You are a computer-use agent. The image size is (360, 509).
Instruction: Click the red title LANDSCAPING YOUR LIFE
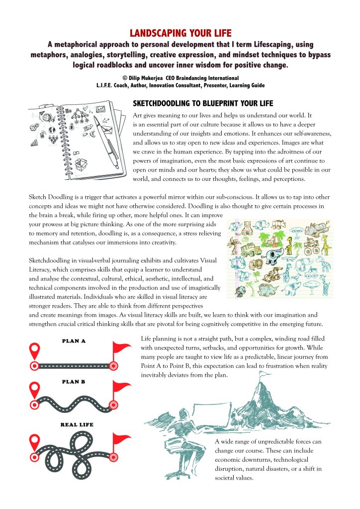click(180, 34)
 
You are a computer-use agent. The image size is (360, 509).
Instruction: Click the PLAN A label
click(74, 341)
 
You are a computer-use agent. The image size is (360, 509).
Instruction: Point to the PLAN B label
click(74, 382)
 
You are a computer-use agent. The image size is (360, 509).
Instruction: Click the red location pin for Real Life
click(34, 440)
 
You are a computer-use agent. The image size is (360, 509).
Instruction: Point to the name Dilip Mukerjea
click(145, 78)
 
